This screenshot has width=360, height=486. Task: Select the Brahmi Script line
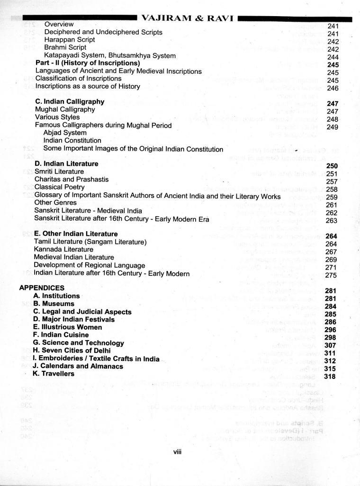tap(65, 47)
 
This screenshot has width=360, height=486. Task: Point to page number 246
tap(333, 88)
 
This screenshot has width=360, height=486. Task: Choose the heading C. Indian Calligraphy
tap(70, 102)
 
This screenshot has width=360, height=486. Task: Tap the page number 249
tap(333, 127)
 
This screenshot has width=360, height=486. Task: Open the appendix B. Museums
tap(54, 304)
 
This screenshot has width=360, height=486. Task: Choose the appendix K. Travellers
tap(54, 374)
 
